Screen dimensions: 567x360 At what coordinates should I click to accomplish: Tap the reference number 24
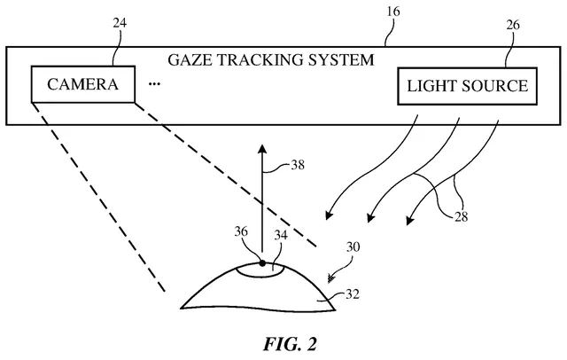pyautogui.click(x=120, y=23)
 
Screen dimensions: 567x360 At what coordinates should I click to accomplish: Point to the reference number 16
pyautogui.click(x=393, y=12)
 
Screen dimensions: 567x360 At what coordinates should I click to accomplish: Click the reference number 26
pyautogui.click(x=512, y=25)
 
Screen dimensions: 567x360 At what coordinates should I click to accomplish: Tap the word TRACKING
pyautogui.click(x=260, y=59)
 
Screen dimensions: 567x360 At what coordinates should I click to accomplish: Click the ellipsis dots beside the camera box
pyautogui.click(x=154, y=84)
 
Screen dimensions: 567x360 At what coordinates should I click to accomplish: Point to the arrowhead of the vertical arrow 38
pyautogui.click(x=262, y=149)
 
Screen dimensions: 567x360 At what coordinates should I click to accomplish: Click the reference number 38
pyautogui.click(x=298, y=165)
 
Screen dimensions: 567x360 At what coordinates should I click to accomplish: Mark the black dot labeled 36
pyautogui.click(x=262, y=263)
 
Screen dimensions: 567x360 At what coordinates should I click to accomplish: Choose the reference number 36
pyautogui.click(x=241, y=231)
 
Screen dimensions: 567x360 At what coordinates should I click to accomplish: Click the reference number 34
pyautogui.click(x=281, y=235)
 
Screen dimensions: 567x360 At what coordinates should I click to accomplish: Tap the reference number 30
pyautogui.click(x=353, y=247)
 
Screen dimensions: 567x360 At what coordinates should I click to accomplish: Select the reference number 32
pyautogui.click(x=353, y=294)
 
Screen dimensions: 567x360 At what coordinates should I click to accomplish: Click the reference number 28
pyautogui.click(x=461, y=217)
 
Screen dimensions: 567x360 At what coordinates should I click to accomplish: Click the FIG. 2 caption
pyautogui.click(x=290, y=344)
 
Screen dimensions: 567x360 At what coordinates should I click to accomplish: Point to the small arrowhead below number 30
pyautogui.click(x=330, y=279)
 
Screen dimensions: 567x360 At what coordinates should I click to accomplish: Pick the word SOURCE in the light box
pyautogui.click(x=494, y=86)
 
